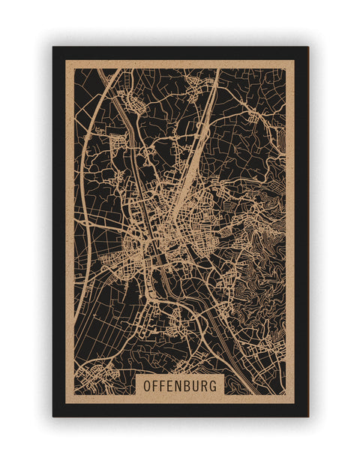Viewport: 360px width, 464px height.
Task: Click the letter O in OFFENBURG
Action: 147,385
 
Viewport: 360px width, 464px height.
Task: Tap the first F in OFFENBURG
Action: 157,385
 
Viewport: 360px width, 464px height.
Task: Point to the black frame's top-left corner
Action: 53,47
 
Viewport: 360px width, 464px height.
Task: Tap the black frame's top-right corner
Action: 307,47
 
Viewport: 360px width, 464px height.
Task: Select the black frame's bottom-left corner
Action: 53,416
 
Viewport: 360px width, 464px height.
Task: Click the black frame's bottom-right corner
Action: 307,416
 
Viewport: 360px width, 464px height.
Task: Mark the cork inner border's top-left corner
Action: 66,61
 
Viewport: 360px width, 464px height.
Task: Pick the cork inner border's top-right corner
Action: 295,61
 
